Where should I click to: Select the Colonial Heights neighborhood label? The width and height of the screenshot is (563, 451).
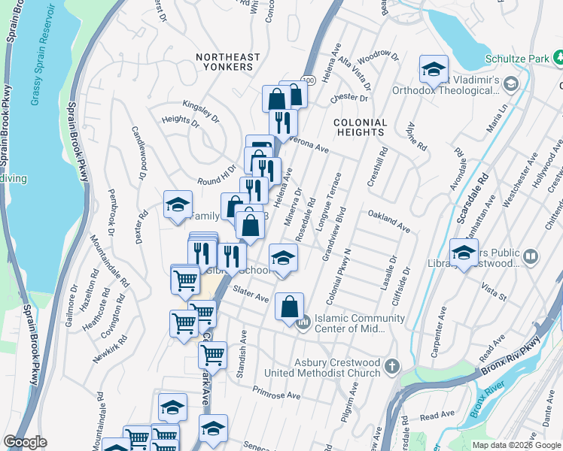pyautogui.click(x=361, y=127)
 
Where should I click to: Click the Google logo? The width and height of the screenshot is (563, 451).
pyautogui.click(x=25, y=442)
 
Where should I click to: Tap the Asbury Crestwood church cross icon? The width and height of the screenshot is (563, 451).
pyautogui.click(x=391, y=367)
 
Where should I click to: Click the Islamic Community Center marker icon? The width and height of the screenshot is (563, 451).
pyautogui.click(x=303, y=324)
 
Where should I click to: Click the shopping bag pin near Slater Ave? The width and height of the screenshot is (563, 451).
pyautogui.click(x=289, y=307)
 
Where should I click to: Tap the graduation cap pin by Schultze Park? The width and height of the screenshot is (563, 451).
pyautogui.click(x=434, y=69)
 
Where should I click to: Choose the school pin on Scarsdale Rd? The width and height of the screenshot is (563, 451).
pyautogui.click(x=464, y=253)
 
